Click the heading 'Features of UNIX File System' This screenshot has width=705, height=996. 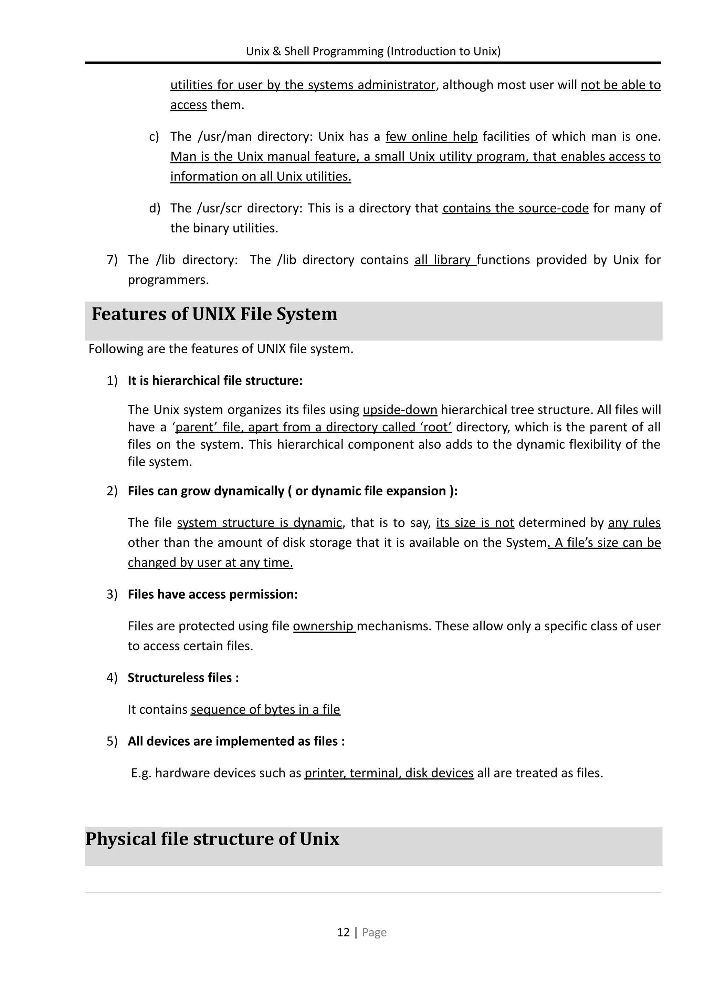point(214,314)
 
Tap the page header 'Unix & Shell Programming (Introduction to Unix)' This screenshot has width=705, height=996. point(373,51)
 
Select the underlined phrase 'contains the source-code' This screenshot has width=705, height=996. point(515,208)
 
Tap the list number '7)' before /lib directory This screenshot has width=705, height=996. point(112,260)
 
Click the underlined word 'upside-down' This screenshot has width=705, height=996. point(400,409)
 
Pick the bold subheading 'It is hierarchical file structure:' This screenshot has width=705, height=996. point(215,380)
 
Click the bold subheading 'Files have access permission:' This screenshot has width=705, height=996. point(213,594)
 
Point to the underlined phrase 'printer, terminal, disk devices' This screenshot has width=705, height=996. point(389,773)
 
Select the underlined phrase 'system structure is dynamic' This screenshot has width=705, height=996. point(259,522)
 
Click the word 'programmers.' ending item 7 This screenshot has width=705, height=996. point(168,280)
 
